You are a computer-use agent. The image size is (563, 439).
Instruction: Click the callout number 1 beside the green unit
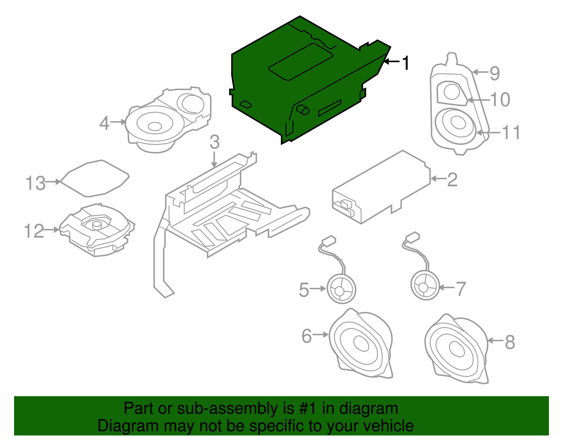point(406,63)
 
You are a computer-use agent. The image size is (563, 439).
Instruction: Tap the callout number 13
point(36,183)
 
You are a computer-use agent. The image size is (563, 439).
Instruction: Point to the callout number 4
point(105,123)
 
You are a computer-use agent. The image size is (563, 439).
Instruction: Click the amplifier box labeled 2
point(382,186)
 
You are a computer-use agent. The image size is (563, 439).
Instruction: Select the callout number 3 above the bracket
point(215,142)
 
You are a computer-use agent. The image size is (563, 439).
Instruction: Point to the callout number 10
point(500,100)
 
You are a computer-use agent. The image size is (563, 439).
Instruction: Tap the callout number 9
point(495,73)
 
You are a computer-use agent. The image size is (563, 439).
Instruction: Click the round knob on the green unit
point(303,110)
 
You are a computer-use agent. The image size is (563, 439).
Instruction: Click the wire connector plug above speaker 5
point(329,241)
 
